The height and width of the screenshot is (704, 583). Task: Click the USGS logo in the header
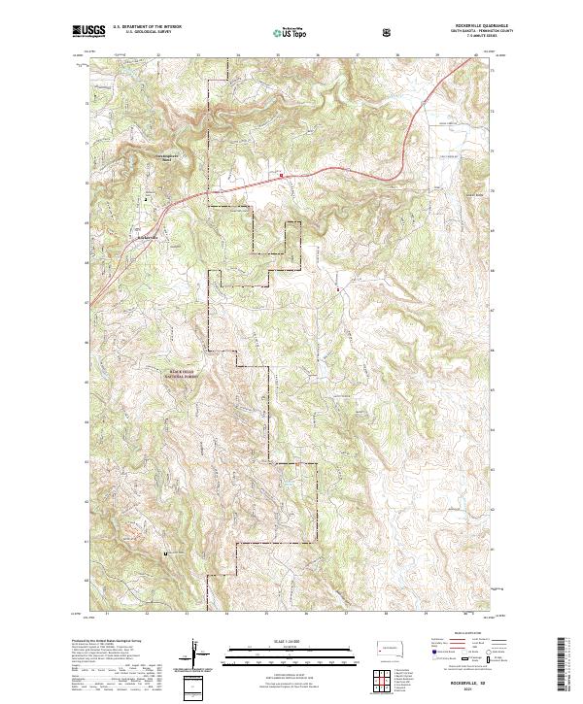(x=86, y=31)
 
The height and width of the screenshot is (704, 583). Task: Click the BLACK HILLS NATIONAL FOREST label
(x=179, y=373)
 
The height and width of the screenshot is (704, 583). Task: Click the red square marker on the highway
(x=282, y=176)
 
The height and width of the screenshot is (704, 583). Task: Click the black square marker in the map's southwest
(x=165, y=553)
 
